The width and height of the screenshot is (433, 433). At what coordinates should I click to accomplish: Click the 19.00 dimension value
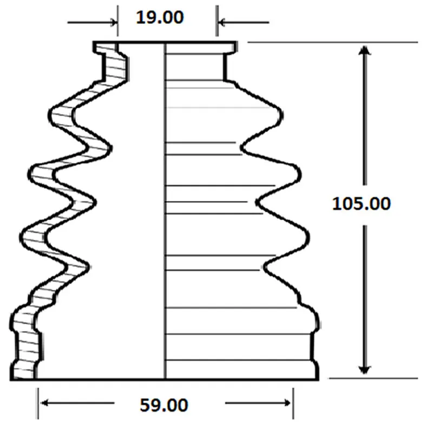pos(160,17)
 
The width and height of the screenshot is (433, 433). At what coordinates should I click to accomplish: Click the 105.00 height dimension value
pos(361,204)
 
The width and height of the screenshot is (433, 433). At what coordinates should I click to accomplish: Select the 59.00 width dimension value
pos(164,405)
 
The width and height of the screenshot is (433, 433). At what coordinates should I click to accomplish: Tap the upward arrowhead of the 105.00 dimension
pos(364,50)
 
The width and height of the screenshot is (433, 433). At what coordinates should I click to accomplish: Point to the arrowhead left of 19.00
pos(114,22)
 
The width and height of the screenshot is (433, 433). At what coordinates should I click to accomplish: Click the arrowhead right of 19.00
pos(222,22)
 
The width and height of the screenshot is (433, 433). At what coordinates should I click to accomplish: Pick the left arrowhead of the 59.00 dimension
pos(44,403)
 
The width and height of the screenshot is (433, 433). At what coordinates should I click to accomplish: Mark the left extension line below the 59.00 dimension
pos(38,403)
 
